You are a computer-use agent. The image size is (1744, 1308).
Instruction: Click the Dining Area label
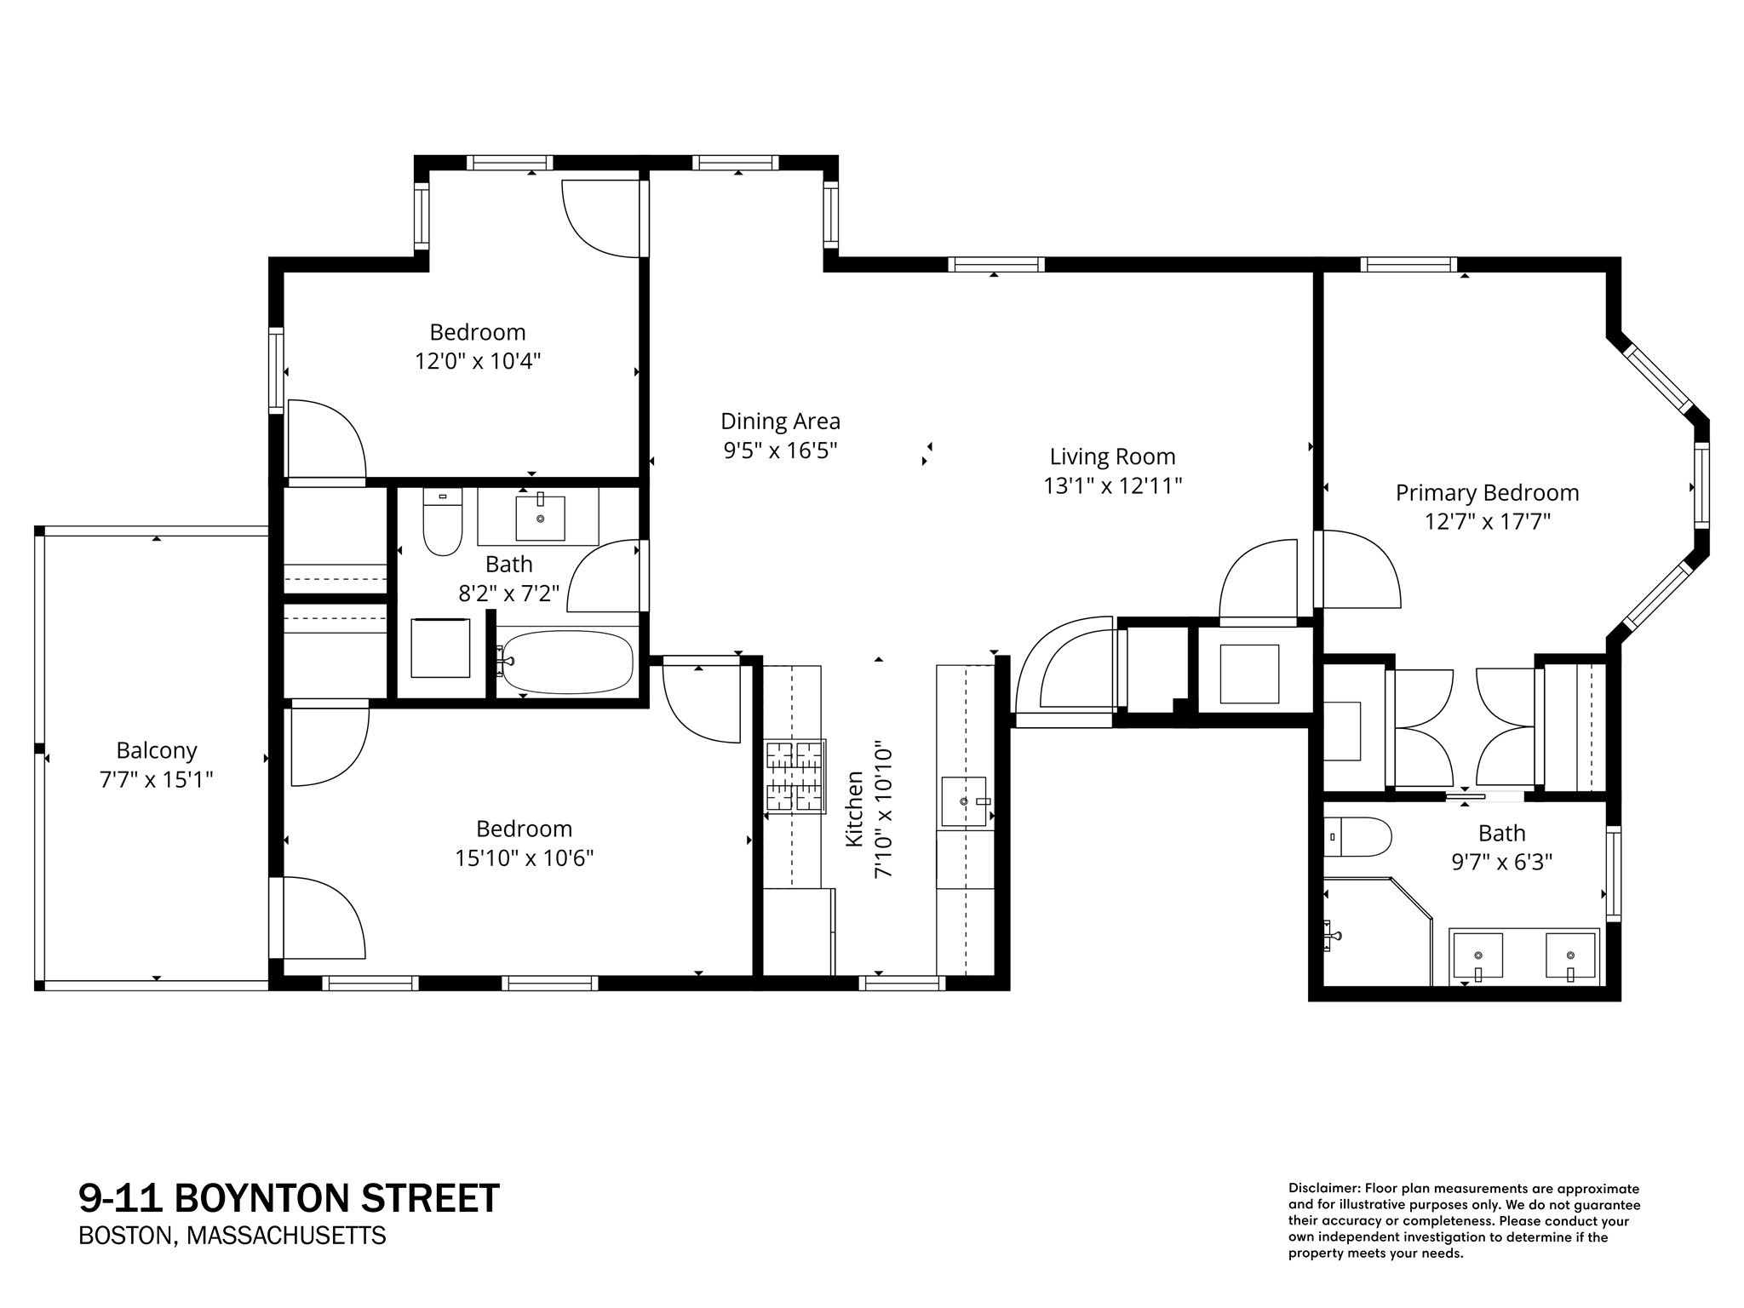click(x=780, y=421)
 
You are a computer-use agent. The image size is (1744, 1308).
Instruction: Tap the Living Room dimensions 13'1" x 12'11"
click(x=1112, y=485)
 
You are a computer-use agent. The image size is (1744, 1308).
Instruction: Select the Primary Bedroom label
click(x=1487, y=492)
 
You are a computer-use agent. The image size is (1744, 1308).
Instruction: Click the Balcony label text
click(x=157, y=750)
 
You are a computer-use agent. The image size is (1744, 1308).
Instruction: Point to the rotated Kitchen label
click(x=854, y=809)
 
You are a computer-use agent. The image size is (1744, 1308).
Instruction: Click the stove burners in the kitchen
click(x=795, y=776)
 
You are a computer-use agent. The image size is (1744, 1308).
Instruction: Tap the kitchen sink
click(x=964, y=801)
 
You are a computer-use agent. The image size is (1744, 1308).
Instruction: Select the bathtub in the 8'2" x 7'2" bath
click(x=567, y=662)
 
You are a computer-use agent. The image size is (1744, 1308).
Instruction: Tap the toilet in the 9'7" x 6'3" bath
click(x=1358, y=837)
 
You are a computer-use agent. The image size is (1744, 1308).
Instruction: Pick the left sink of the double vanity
click(x=1477, y=956)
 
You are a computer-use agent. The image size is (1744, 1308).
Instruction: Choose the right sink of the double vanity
click(x=1569, y=956)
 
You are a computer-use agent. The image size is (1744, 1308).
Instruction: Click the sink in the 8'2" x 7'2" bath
click(x=540, y=518)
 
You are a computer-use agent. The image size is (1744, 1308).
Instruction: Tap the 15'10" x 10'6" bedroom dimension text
click(x=524, y=858)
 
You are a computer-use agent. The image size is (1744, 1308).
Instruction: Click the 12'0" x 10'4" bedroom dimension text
click(x=478, y=361)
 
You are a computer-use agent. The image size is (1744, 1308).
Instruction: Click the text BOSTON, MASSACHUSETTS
click(x=232, y=1236)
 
